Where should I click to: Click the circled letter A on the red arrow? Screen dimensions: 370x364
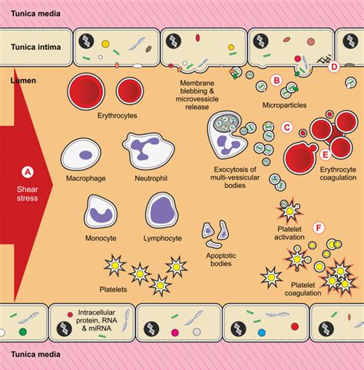click(27, 172)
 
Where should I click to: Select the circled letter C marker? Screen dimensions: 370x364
click(287, 129)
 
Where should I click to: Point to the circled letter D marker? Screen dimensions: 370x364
click(333, 68)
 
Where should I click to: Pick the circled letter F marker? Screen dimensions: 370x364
click(319, 228)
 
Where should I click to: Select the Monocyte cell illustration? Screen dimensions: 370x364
click(100, 212)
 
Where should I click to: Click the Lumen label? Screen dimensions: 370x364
click(24, 78)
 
